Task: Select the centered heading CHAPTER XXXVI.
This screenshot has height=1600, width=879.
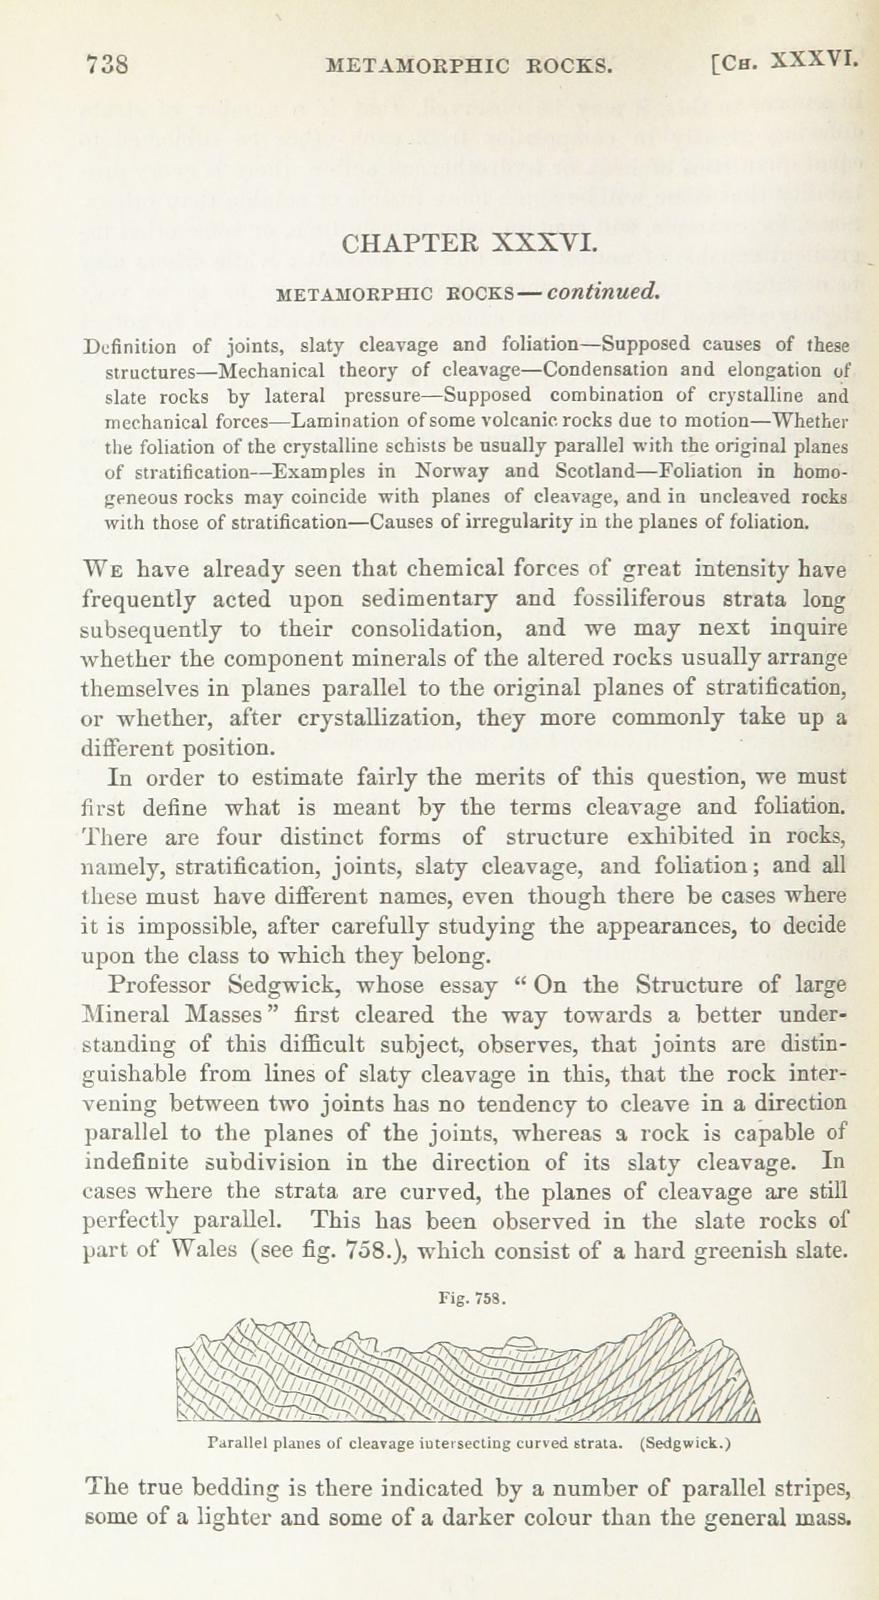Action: [468, 244]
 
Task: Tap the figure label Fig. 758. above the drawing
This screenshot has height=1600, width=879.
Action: [471, 1300]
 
